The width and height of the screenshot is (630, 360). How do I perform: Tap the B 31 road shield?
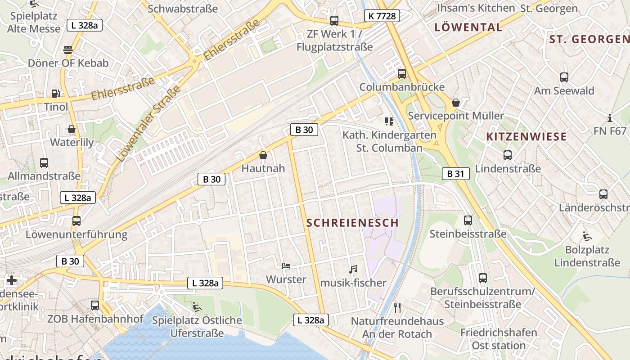tap(455, 174)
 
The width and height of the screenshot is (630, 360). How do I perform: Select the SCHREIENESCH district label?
tap(353, 223)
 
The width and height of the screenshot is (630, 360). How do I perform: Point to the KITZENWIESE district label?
tap(526, 137)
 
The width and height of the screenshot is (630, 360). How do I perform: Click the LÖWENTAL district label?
tap(468, 27)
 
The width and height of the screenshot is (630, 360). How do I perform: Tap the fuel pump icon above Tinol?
tap(56, 94)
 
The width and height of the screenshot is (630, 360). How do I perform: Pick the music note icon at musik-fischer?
tap(353, 270)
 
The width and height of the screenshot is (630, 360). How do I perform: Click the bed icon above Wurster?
tap(286, 266)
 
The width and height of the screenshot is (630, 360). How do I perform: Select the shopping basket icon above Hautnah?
tap(263, 155)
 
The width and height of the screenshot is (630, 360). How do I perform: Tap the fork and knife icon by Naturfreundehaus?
tap(397, 308)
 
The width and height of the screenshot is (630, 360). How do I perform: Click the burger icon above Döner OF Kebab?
tap(68, 49)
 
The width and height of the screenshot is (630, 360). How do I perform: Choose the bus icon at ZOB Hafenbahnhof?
tap(95, 306)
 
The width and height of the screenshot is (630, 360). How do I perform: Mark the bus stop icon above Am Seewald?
tap(564, 77)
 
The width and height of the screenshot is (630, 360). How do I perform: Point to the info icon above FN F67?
tap(610, 118)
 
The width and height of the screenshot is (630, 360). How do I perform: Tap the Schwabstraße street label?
tap(182, 9)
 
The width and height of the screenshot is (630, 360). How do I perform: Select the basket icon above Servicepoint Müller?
tap(456, 103)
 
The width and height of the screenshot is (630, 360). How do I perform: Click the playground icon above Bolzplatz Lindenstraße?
tap(587, 236)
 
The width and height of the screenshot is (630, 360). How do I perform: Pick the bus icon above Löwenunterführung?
tap(76, 221)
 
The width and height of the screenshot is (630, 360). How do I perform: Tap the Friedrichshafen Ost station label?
tap(499, 339)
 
